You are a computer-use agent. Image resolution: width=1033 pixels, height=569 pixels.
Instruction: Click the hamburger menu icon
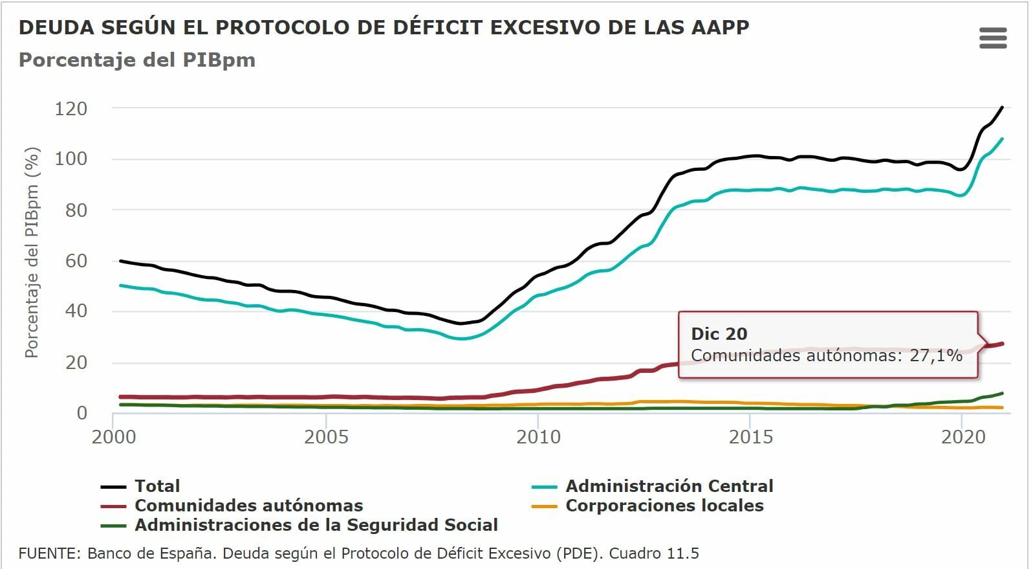pos(993,38)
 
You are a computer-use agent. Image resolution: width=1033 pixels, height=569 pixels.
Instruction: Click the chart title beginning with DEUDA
pos(384,27)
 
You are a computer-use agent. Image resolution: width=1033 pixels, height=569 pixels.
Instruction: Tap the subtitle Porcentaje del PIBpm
pos(137,60)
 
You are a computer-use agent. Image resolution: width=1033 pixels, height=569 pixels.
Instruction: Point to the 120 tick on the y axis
pos(71,108)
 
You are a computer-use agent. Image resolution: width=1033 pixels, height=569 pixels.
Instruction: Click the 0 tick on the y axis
pos(82,413)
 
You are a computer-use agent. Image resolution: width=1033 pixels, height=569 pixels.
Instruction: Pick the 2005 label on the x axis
pos(326,437)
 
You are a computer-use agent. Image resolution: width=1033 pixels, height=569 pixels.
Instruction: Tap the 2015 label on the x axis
pos(750,437)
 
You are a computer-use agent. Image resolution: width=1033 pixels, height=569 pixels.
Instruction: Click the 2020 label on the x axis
pos(962,437)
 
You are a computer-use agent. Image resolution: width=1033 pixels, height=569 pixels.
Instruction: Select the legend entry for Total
pos(157,486)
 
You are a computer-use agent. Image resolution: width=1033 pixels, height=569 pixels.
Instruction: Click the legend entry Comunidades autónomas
pos(248,506)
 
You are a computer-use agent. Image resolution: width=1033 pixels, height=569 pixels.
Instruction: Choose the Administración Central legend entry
pos(669,486)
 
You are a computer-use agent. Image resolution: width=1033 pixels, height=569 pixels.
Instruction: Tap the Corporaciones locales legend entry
pos(664,506)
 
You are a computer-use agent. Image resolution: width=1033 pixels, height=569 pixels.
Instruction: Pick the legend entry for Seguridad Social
pos(316,525)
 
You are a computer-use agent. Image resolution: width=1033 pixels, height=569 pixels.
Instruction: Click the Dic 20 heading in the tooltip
pos(719,334)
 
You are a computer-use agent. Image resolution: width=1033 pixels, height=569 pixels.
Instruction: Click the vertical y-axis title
pos(32,252)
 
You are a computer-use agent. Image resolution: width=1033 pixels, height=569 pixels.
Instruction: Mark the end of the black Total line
pos(1002,107)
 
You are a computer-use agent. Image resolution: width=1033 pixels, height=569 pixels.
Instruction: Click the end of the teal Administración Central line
pos(1002,139)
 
